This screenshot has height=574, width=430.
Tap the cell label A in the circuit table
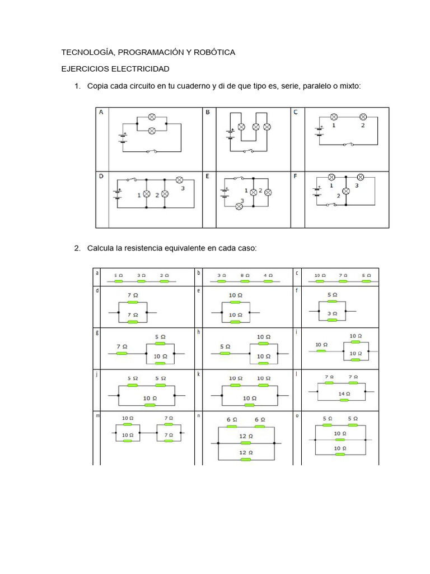pyautogui.click(x=101, y=112)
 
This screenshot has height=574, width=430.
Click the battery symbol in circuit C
pyautogui.click(x=319, y=131)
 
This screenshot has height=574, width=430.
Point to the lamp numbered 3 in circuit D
pyautogui.click(x=180, y=180)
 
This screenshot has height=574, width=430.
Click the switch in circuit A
pyautogui.click(x=151, y=151)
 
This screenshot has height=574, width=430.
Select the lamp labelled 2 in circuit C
pyautogui.click(x=363, y=117)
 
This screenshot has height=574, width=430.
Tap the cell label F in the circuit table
pyautogui.click(x=296, y=175)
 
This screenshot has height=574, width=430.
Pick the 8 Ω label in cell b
pyautogui.click(x=245, y=275)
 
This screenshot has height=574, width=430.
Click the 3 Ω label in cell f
pyautogui.click(x=332, y=314)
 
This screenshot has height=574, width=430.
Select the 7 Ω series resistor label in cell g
pyautogui.click(x=121, y=346)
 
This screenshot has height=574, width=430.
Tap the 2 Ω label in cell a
pyautogui.click(x=163, y=275)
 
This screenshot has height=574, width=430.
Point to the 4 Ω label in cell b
pyautogui.click(x=268, y=275)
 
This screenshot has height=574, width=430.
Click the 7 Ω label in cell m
pyautogui.click(x=169, y=418)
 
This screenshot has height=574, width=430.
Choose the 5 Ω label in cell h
pyautogui.click(x=225, y=346)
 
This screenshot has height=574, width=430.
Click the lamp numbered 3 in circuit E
pyautogui.click(x=239, y=206)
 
